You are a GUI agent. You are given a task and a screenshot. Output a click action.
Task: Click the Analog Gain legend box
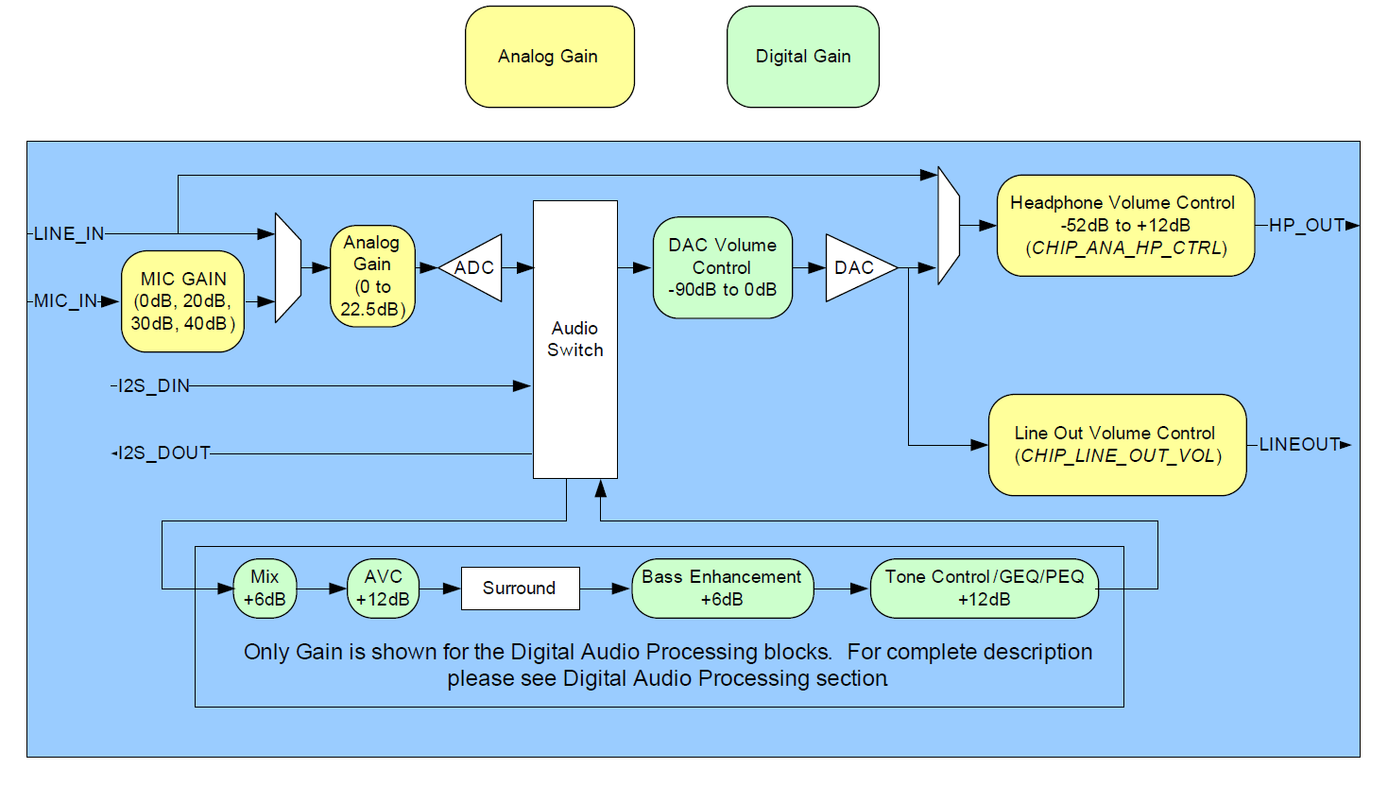coord(549,57)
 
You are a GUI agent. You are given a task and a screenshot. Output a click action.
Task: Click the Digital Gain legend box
coord(802,57)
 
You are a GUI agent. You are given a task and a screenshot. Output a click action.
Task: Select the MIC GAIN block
coord(183,301)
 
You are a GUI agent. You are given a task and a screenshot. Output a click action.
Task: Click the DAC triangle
coord(855,268)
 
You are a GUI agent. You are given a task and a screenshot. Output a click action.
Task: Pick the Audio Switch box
coord(574,339)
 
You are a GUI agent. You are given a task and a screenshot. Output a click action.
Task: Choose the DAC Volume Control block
coord(722,267)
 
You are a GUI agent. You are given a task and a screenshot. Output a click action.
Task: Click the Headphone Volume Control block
coord(1124,226)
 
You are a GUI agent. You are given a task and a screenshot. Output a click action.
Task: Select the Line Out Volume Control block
coord(1117,445)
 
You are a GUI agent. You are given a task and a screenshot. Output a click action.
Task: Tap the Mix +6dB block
coord(265,589)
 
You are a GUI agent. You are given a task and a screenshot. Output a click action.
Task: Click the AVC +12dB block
coord(383,589)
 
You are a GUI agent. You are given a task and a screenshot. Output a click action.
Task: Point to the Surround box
coord(520,589)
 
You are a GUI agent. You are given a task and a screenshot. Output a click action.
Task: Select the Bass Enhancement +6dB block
coord(722,589)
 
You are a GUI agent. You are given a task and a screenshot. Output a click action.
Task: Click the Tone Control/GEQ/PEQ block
coord(984,589)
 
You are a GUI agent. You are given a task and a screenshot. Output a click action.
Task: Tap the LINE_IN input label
coord(69,234)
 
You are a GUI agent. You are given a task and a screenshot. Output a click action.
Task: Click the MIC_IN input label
coord(66,301)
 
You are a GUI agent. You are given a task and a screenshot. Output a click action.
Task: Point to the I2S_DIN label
coord(154,386)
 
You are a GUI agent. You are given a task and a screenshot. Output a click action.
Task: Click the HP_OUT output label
coord(1306,226)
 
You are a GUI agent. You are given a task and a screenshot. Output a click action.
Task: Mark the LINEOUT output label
coord(1299,445)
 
